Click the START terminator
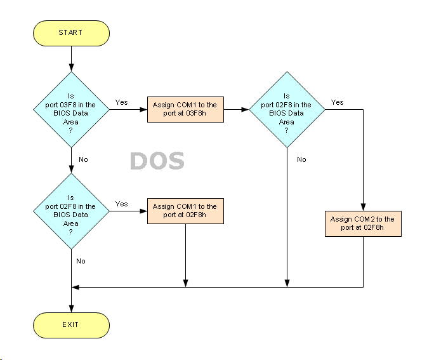tap(71, 32)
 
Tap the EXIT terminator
tap(71, 324)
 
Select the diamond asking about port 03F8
tap(71, 109)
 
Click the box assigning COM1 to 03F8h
tap(185, 109)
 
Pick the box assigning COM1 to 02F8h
tap(185, 211)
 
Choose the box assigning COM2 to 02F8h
tap(363, 223)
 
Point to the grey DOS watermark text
tap(157, 161)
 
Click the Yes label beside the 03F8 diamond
tap(121, 102)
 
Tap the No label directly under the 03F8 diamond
tap(82, 159)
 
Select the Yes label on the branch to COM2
tap(337, 102)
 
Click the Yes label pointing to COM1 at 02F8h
tap(121, 204)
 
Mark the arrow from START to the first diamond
tap(71, 58)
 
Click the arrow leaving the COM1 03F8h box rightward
tap(235, 109)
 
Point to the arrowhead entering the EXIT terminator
tap(71, 309)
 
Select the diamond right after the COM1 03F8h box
tap(287, 109)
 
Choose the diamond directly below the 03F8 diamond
tap(71, 211)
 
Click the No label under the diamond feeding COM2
tap(301, 159)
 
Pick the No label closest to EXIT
tap(81, 261)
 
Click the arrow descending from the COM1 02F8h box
tap(185, 254)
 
